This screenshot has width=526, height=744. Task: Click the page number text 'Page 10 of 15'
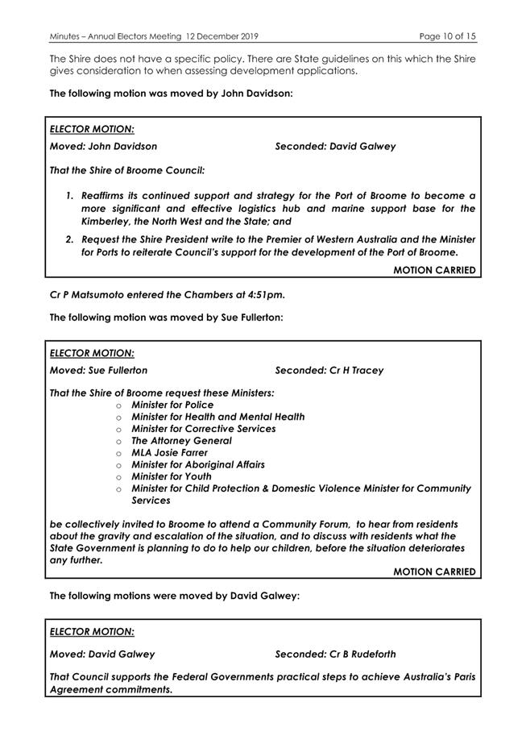point(448,36)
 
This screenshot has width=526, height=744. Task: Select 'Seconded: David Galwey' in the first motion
point(335,147)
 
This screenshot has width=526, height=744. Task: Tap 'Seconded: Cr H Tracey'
point(329,371)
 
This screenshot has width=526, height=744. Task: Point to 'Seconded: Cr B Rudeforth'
point(335,654)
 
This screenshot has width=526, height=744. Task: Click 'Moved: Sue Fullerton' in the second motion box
point(98,371)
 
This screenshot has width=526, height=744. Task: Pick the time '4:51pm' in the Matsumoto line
point(267,294)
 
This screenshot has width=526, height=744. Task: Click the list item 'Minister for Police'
point(172,405)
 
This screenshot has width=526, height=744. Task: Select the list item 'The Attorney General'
point(181,441)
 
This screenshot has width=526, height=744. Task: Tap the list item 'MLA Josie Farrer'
point(169,453)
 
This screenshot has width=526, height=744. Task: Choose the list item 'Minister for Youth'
point(172,476)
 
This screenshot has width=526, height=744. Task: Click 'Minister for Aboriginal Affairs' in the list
point(198,464)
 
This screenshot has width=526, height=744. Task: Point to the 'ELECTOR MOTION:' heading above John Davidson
point(92,128)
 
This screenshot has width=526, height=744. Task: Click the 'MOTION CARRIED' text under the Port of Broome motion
point(434,270)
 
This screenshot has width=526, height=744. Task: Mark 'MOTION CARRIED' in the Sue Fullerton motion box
point(434,572)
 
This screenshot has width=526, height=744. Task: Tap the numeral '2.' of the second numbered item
point(71,239)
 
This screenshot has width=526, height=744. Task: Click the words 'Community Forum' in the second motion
point(309,524)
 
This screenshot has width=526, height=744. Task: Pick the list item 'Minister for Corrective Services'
point(203,429)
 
